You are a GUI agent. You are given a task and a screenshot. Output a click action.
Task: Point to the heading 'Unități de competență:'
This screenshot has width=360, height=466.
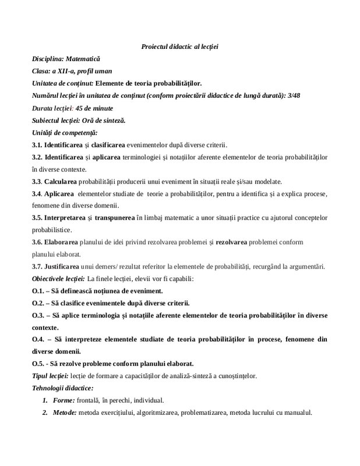point(65,133)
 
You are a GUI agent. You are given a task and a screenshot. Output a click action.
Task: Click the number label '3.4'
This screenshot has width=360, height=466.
point(37,193)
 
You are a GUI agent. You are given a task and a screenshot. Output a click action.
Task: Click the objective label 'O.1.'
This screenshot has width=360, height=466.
point(38,291)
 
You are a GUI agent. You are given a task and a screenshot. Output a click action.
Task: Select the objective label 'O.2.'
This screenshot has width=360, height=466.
point(38,303)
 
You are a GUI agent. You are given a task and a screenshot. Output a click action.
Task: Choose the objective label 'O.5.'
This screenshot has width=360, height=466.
point(38,363)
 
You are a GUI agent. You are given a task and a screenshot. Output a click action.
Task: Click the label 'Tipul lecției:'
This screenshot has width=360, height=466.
point(51,376)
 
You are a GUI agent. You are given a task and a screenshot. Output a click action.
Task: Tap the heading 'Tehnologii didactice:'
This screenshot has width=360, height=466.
point(62,388)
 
